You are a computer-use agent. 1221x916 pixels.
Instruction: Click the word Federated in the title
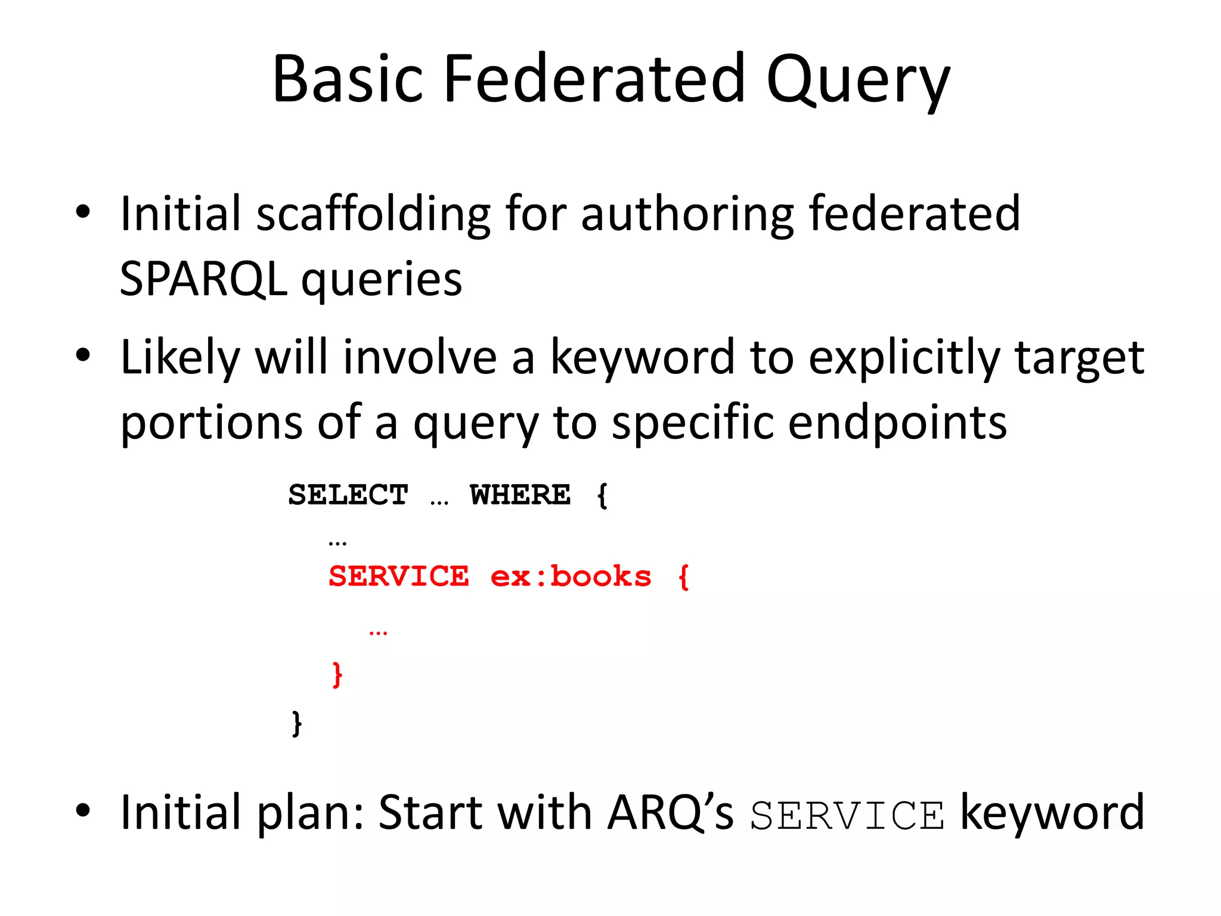click(x=594, y=79)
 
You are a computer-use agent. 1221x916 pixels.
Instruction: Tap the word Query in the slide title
click(x=858, y=81)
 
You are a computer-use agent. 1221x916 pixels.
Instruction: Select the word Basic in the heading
click(x=348, y=79)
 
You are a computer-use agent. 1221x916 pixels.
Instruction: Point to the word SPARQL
click(x=203, y=278)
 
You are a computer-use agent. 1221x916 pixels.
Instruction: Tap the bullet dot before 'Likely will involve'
click(x=83, y=355)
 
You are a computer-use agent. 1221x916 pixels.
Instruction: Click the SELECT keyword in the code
click(x=348, y=495)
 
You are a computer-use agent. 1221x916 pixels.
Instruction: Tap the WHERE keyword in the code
click(x=520, y=495)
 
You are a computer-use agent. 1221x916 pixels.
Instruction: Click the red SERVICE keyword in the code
click(x=399, y=577)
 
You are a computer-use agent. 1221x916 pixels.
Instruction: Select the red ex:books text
click(x=571, y=577)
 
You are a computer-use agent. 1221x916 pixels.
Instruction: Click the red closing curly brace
click(x=337, y=674)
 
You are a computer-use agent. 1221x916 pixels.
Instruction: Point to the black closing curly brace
click(x=297, y=723)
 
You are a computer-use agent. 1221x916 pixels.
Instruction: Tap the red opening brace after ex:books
click(x=683, y=577)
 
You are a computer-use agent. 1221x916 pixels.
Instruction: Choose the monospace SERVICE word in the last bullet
click(x=847, y=815)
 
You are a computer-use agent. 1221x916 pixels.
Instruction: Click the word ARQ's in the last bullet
click(x=670, y=813)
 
